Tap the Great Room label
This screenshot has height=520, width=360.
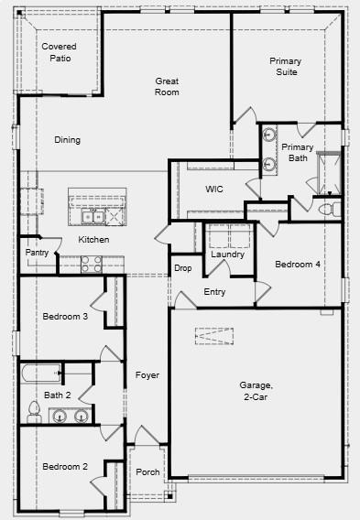(x=167, y=86)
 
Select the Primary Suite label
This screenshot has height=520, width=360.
(x=285, y=66)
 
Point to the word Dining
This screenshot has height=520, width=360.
(x=67, y=140)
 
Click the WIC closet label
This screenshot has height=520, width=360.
(x=214, y=189)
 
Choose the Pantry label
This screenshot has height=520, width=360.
(x=37, y=252)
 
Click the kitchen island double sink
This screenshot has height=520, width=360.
(x=95, y=216)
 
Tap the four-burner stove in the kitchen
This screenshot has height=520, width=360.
(x=92, y=264)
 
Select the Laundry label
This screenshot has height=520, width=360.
(x=227, y=255)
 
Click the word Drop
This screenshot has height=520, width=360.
(x=183, y=268)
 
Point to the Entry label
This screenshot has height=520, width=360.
(x=214, y=292)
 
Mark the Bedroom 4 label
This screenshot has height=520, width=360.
(x=298, y=265)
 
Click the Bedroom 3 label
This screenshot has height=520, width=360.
(x=65, y=317)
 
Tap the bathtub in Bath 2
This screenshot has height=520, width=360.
(x=41, y=374)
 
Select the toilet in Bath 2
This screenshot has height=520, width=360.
(x=34, y=415)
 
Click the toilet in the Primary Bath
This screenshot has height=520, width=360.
(x=324, y=210)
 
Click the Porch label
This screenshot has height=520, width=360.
(x=148, y=472)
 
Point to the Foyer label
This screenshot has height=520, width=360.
(x=147, y=375)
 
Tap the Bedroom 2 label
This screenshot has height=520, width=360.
(x=65, y=466)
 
